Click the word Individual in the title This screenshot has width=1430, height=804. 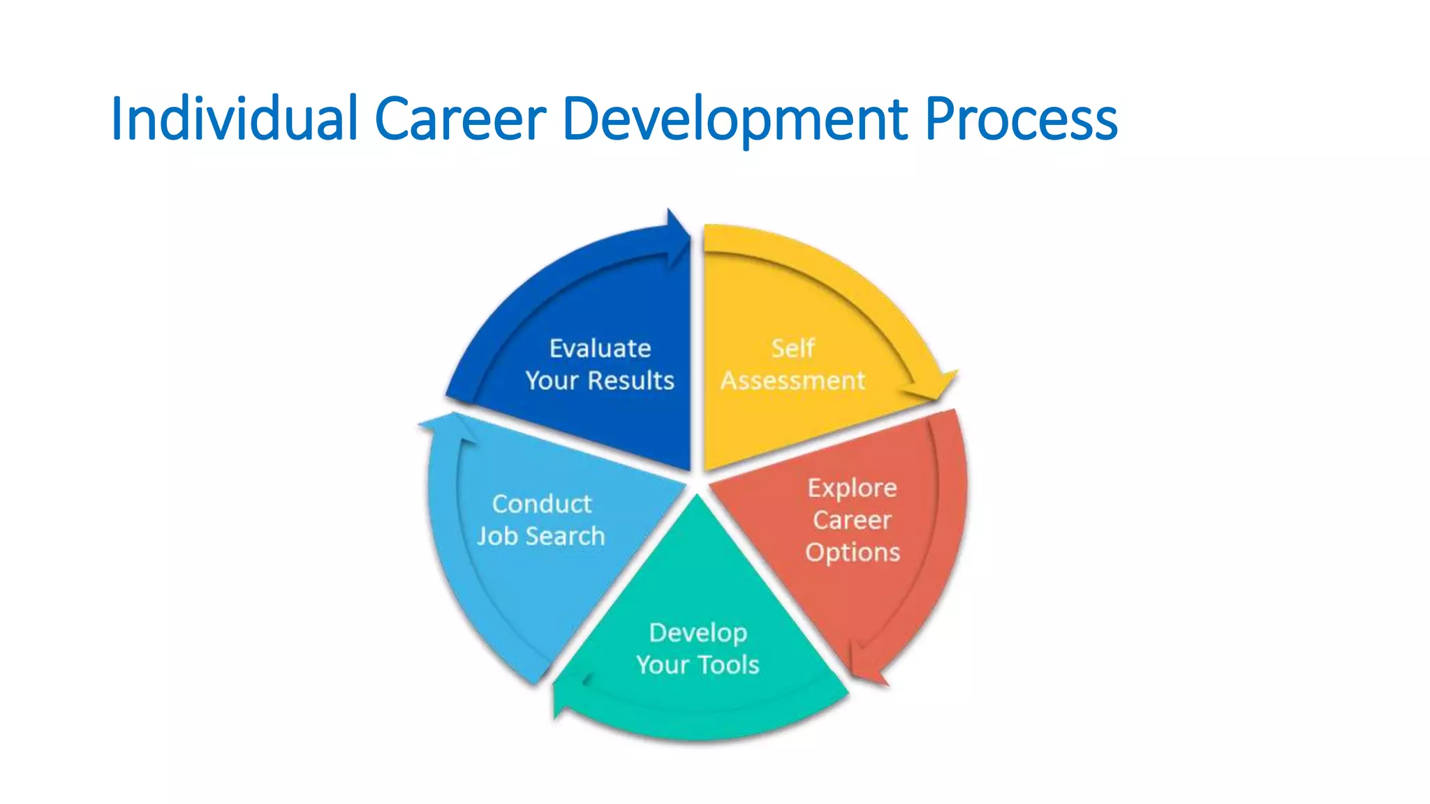235,119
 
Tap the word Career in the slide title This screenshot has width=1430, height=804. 460,119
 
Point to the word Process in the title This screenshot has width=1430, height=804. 1021,119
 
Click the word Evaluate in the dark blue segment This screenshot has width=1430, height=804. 600,348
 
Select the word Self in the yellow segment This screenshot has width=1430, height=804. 793,348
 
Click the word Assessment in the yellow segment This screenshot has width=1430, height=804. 793,381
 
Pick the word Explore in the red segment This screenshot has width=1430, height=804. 852,488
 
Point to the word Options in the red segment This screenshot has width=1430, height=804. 852,553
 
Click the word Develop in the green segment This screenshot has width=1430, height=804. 698,633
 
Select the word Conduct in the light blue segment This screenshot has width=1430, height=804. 541,504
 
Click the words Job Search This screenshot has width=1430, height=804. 541,537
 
